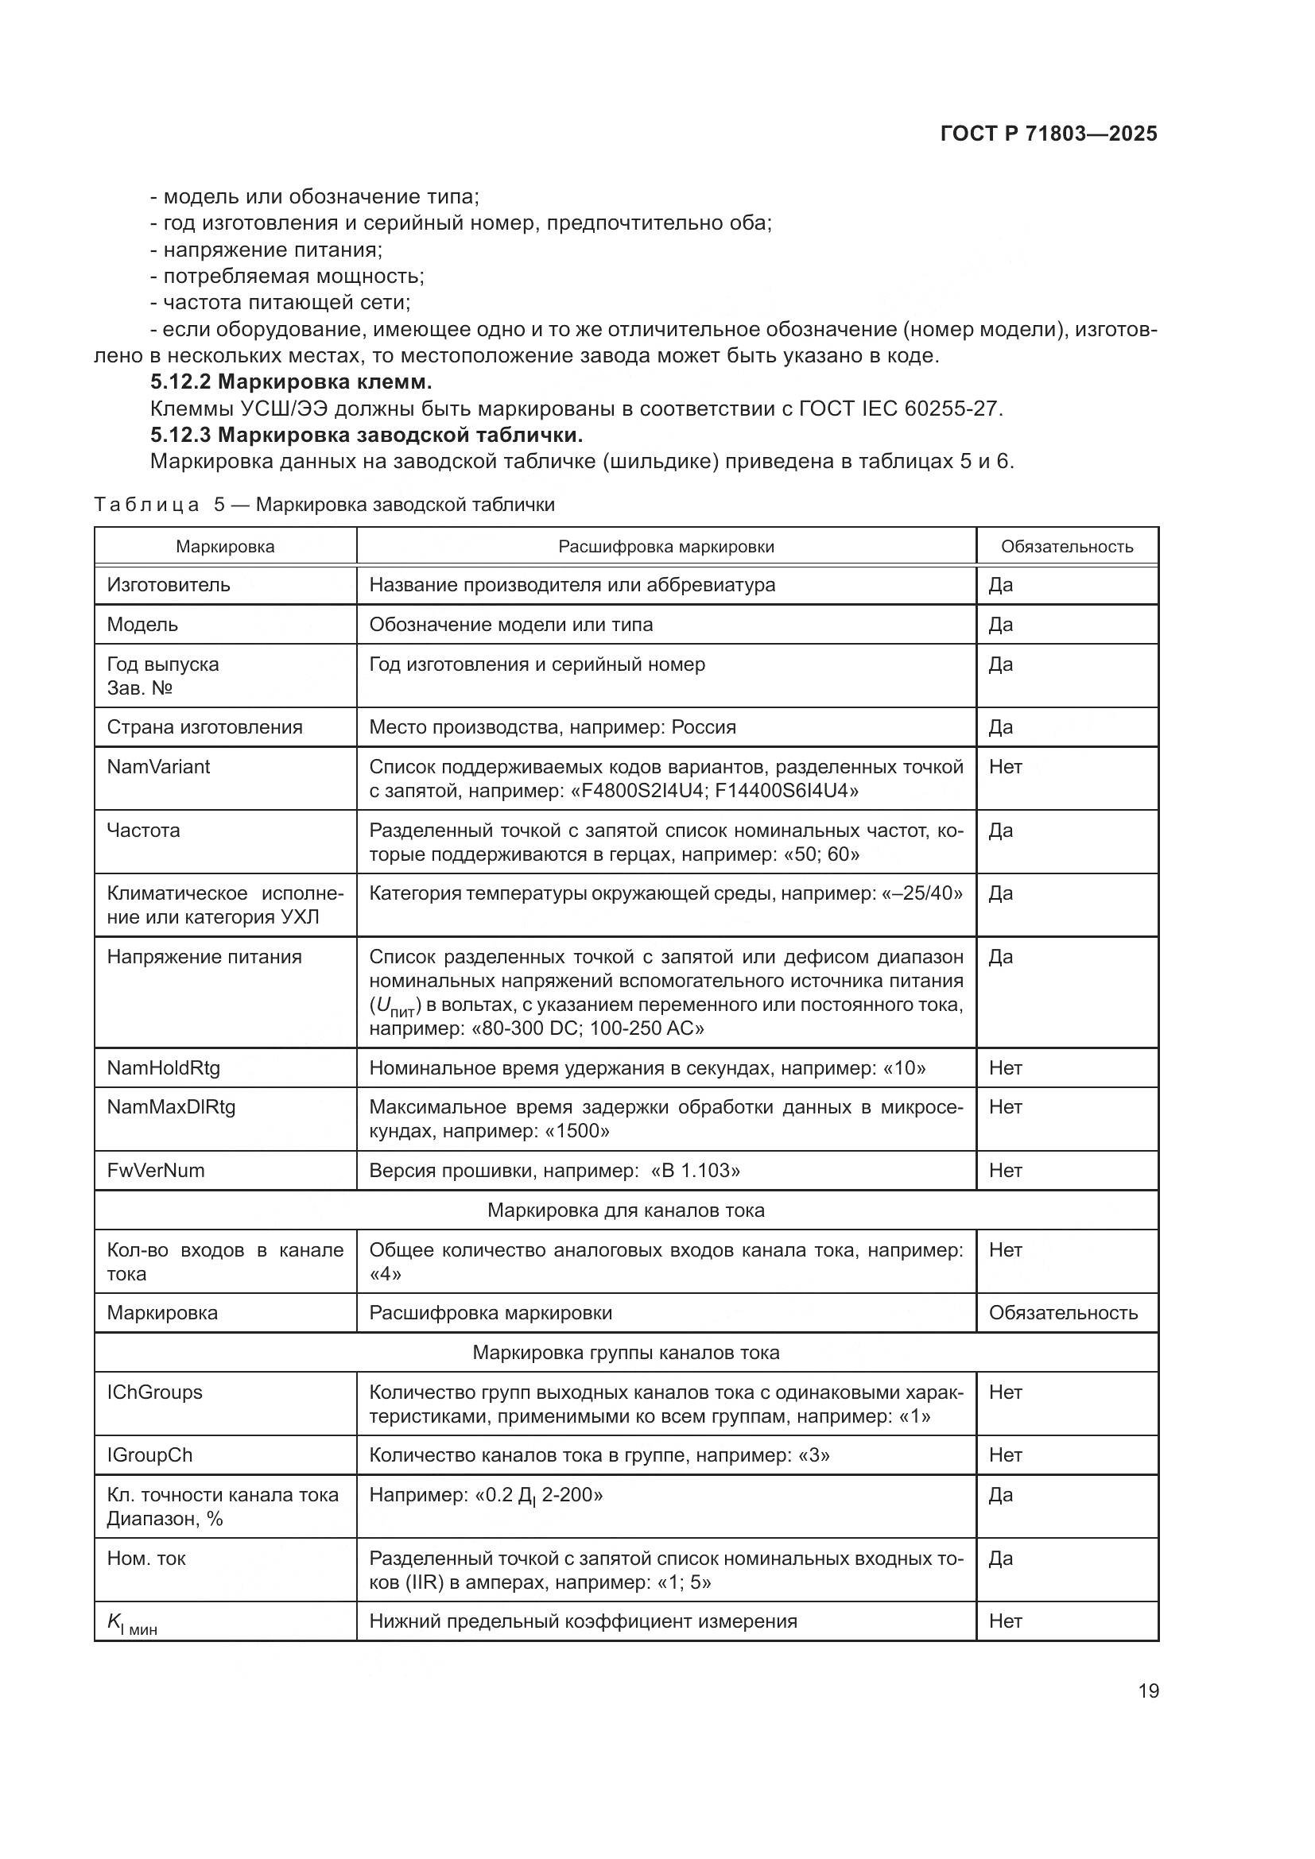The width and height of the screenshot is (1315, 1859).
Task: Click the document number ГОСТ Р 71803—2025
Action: coord(1049,134)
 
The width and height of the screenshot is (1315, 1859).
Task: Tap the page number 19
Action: coord(1148,1691)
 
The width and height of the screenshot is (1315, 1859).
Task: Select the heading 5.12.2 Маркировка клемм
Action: coord(291,382)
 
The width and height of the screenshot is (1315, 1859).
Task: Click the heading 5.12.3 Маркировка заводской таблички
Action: coord(366,436)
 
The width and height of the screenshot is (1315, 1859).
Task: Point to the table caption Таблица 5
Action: coord(324,505)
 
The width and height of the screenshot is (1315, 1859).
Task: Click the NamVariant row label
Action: coord(159,767)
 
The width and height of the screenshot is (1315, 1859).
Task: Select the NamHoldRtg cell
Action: coord(164,1068)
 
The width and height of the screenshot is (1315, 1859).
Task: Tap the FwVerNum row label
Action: coord(156,1171)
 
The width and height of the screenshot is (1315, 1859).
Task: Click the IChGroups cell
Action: coord(155,1392)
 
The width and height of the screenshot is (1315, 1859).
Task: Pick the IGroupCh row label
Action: coord(149,1456)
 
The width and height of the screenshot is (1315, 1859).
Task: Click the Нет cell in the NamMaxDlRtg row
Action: coord(1005,1108)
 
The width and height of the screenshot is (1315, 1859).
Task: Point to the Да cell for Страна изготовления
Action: coord(1001,727)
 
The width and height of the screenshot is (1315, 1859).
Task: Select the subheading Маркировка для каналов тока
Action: coord(625,1210)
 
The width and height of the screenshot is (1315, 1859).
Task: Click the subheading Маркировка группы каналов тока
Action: coord(625,1353)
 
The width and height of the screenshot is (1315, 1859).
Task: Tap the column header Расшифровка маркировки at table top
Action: coord(665,547)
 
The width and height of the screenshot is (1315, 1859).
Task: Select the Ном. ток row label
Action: coord(146,1559)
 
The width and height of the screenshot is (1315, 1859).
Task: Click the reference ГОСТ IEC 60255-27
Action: coord(899,409)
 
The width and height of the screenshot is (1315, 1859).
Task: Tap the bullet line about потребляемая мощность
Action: coord(288,276)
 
